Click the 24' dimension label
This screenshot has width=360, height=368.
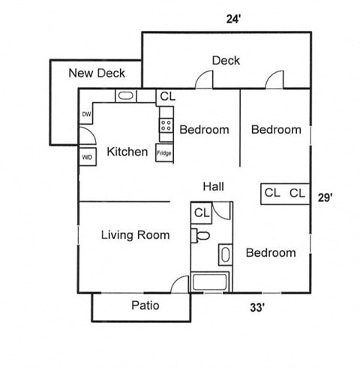232,19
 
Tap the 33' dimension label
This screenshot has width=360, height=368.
257,306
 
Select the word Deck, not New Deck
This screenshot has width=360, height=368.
226,60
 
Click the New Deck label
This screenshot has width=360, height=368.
97,73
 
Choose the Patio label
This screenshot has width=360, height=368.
145,305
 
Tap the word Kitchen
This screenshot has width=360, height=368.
127,152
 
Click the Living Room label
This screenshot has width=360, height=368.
135,235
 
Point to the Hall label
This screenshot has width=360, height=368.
213,186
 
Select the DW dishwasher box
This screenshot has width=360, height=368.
86,115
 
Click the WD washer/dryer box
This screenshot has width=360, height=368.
87,157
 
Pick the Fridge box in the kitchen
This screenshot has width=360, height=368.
164,152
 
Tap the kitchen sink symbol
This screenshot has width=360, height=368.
126,96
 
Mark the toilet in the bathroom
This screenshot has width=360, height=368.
202,235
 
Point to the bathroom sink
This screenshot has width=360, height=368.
224,254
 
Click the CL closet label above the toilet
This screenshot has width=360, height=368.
202,213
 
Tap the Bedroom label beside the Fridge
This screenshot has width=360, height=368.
204,129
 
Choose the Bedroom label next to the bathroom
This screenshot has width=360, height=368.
271,252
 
